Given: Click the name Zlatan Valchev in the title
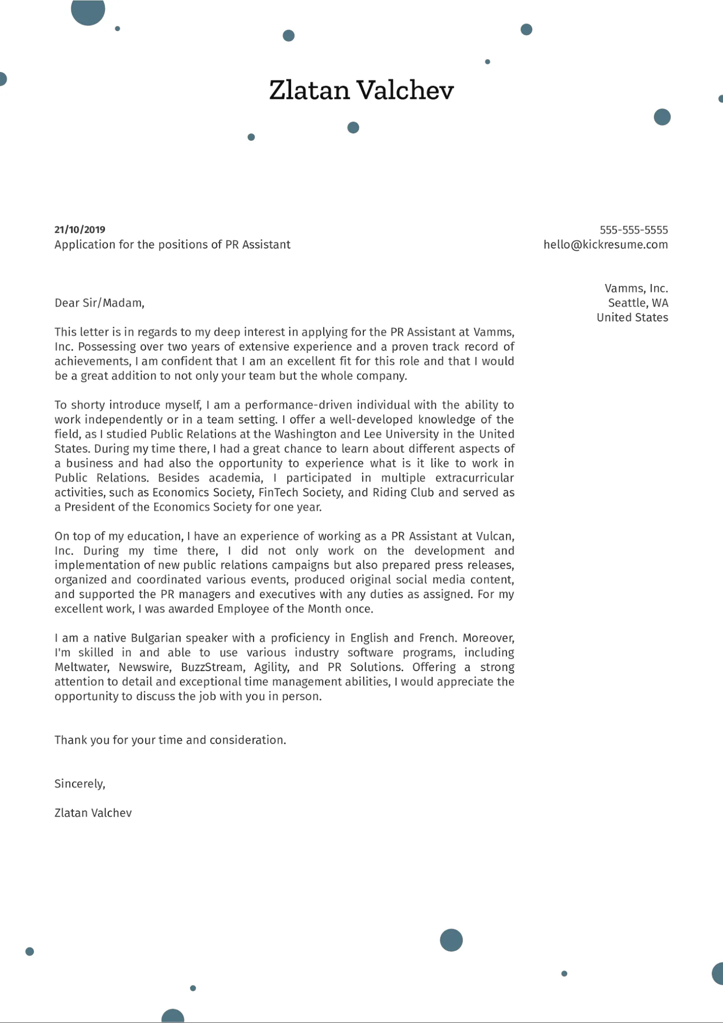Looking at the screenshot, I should (x=361, y=90).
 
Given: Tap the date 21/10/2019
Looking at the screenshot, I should (x=80, y=230).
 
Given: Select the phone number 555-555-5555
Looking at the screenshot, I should (x=634, y=230).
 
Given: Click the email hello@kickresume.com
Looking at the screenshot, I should (x=606, y=245).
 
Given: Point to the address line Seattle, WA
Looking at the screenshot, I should (x=638, y=303).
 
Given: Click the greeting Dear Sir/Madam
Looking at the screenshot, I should (x=99, y=303).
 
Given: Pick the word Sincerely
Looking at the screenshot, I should (x=79, y=784).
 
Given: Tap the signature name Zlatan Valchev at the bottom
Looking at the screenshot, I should (x=93, y=813).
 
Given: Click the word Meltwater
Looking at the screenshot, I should (x=81, y=667).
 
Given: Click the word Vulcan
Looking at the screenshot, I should (x=494, y=536).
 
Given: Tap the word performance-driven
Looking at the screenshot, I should (x=299, y=405).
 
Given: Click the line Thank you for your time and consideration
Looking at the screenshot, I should (x=170, y=740).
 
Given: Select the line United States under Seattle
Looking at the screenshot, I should (x=632, y=318).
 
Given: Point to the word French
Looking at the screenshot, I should (x=437, y=638).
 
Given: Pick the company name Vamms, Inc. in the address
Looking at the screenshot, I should (x=636, y=289).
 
